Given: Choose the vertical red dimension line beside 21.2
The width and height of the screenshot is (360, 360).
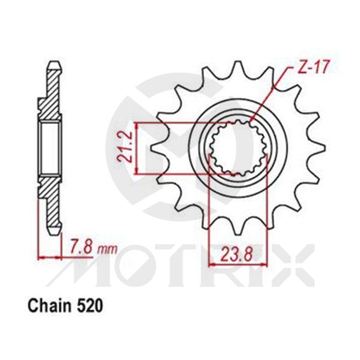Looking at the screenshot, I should click(138, 149).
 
